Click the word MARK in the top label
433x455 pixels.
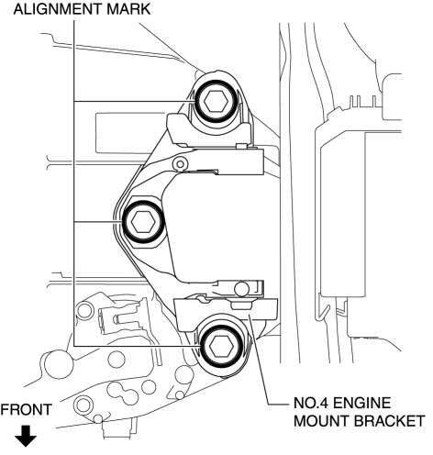click(x=128, y=9)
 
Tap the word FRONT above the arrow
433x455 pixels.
click(x=26, y=410)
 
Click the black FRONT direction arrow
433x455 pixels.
click(x=26, y=436)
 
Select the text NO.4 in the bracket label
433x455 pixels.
click(x=311, y=403)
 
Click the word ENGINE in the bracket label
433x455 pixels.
click(x=361, y=403)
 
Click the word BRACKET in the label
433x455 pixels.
click(x=390, y=421)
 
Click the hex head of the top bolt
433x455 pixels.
click(x=216, y=102)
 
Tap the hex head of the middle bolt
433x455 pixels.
click(x=143, y=222)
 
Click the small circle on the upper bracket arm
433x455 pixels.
click(x=180, y=164)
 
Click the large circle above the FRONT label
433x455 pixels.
click(x=59, y=364)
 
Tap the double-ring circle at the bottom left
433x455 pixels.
click(x=83, y=405)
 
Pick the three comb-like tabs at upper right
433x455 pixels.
click(x=363, y=100)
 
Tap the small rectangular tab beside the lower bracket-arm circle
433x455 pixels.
click(x=241, y=305)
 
